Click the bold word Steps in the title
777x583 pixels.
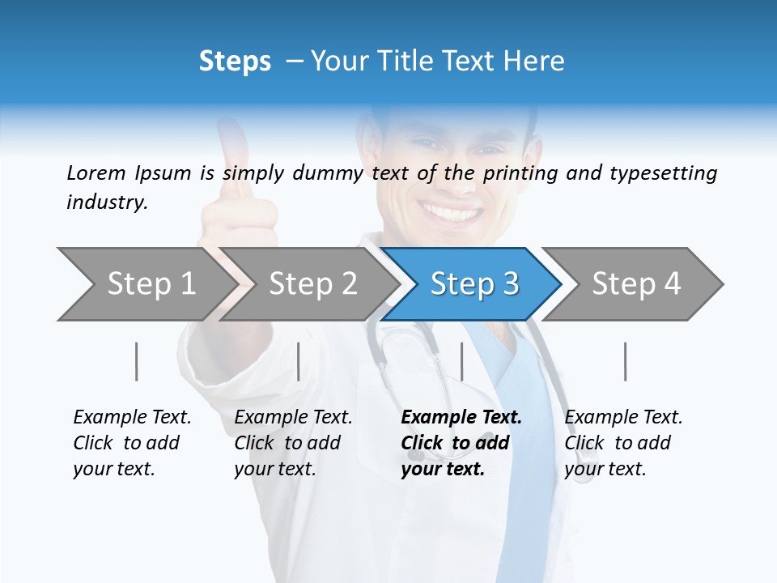[x=235, y=62]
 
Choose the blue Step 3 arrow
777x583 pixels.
[x=473, y=284]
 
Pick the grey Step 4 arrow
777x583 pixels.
[x=636, y=284]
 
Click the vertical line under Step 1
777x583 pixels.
[x=137, y=361]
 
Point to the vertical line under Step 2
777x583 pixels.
[x=299, y=361]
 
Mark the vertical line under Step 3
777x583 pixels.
[x=461, y=361]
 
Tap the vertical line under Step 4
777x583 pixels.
[x=625, y=361]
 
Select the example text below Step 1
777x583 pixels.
[x=132, y=442]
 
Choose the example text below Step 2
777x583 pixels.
[x=293, y=442]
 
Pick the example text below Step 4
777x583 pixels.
[x=623, y=442]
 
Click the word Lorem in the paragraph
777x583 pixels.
[x=96, y=172]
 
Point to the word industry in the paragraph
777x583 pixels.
[x=106, y=202]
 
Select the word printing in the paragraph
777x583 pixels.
[x=521, y=172]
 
